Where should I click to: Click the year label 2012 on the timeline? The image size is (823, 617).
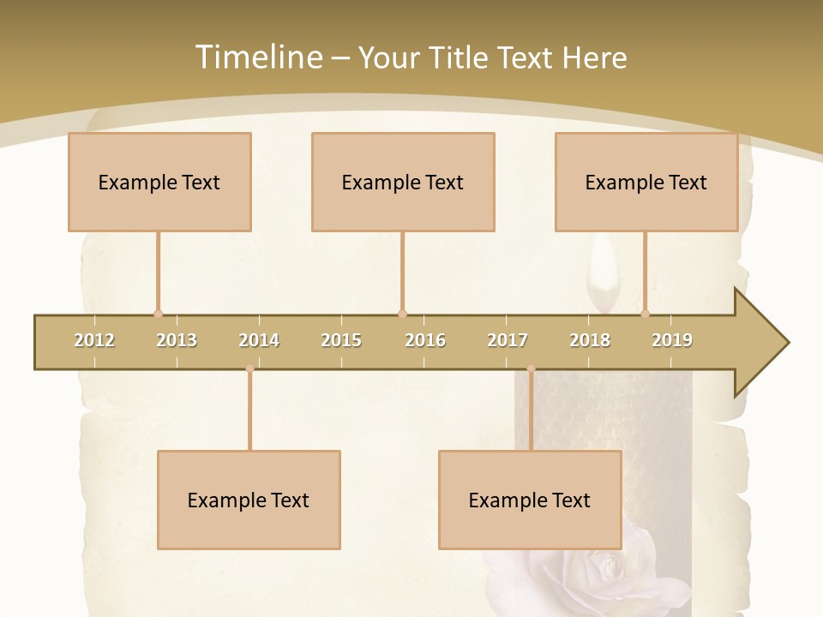click(94, 340)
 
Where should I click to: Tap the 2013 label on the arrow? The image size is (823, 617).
click(177, 340)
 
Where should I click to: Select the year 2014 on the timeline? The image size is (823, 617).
click(259, 340)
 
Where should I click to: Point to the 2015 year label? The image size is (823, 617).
click(341, 340)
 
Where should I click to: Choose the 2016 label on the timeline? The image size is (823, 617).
click(425, 340)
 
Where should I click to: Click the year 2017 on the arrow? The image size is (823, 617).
click(508, 340)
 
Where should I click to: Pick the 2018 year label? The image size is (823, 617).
click(590, 340)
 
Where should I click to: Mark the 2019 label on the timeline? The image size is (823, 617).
click(672, 340)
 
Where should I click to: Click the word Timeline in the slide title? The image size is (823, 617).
click(258, 57)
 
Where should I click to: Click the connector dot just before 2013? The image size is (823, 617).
click(158, 314)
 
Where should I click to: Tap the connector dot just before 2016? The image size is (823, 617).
click(402, 314)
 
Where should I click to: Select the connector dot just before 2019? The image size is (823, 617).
click(646, 314)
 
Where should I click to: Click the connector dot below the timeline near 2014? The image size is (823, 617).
click(249, 368)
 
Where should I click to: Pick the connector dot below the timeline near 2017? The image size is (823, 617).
click(531, 368)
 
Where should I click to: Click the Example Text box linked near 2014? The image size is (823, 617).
click(249, 500)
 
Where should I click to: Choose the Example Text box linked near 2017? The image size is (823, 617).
click(530, 500)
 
